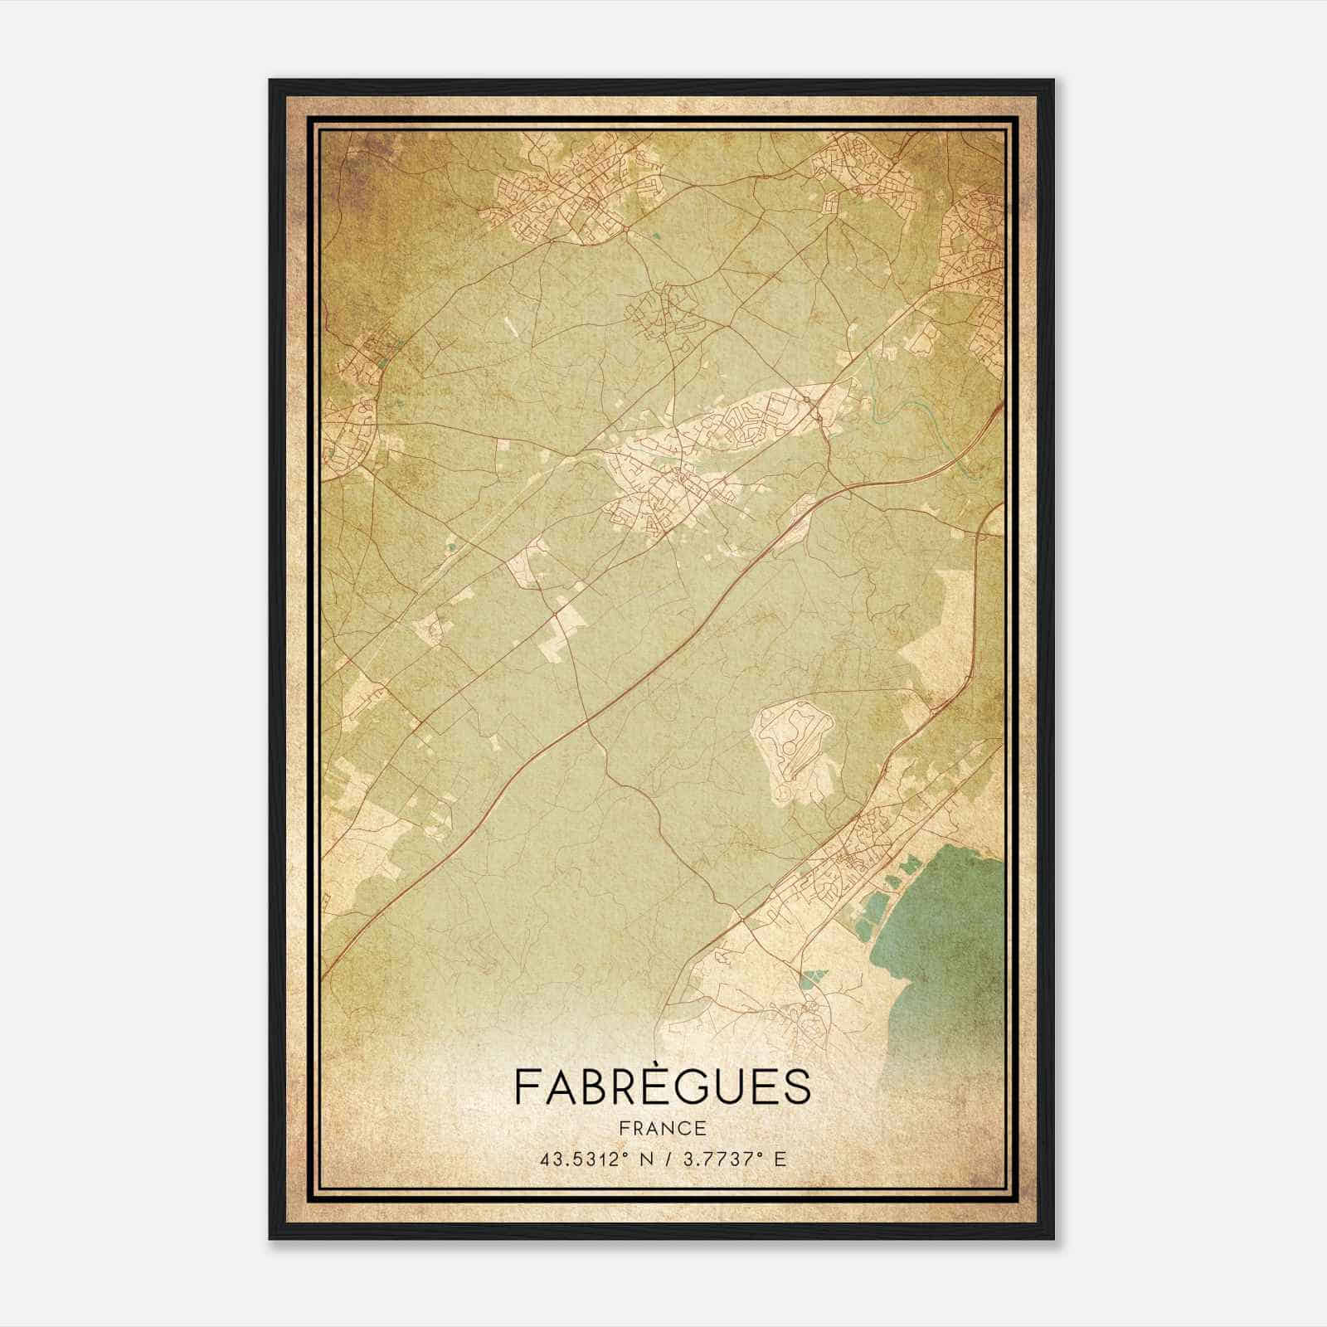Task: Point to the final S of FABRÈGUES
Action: [x=796, y=1086]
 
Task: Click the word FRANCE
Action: [x=662, y=1128]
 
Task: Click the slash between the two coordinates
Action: [x=668, y=1159]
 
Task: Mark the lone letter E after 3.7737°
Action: [x=779, y=1159]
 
